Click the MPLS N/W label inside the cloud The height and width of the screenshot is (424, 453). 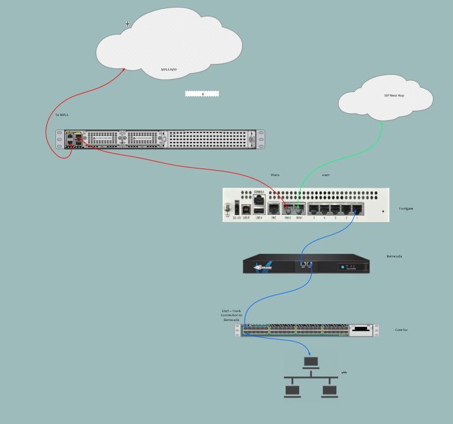pos(169,69)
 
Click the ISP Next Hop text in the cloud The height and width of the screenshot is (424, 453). pos(394,95)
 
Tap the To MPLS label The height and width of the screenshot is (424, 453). pos(62,115)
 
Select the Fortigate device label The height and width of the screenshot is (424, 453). pos(406,208)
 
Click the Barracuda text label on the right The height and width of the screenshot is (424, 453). pos(394,256)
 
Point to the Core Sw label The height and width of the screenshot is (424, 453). pos(401,330)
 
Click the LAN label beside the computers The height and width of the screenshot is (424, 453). pos(344,372)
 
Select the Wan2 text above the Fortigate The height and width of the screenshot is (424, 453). pos(275,175)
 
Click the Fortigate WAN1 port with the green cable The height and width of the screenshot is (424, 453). pos(299,208)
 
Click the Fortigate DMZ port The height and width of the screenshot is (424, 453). pos(274,208)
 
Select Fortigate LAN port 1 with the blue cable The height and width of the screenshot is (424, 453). pos(357,208)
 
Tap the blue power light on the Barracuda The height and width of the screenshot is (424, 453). pos(342,267)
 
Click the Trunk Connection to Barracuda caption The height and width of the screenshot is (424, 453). pos(232,315)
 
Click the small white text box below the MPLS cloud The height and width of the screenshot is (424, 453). pos(202,94)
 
